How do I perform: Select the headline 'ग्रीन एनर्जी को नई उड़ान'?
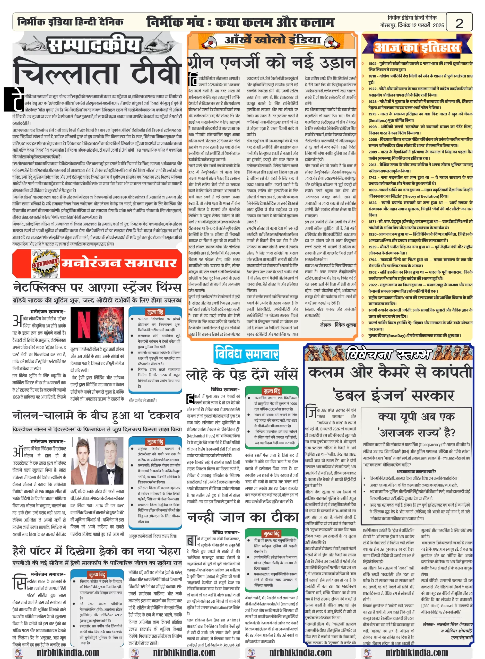(272, 62)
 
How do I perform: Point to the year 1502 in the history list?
(373, 63)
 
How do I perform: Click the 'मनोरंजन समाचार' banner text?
(119, 263)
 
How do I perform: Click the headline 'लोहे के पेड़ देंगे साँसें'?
(242, 375)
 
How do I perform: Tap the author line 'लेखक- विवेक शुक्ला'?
(338, 325)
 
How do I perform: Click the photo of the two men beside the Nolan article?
(97, 462)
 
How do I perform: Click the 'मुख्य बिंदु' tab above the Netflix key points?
(155, 312)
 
